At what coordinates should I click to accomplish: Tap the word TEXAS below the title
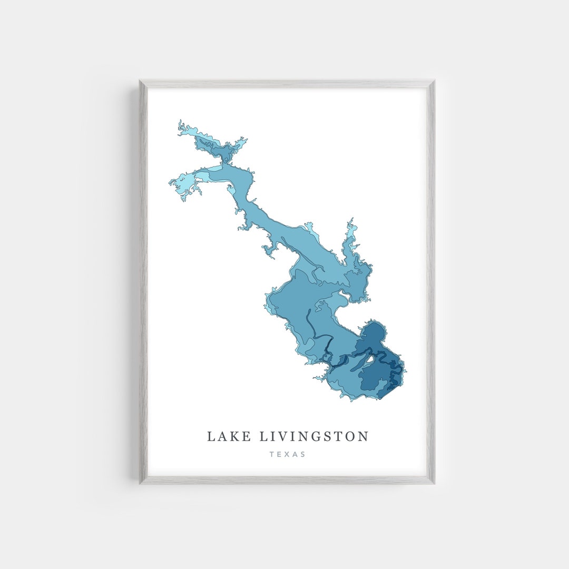point(287,454)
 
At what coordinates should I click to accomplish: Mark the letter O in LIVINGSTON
point(350,437)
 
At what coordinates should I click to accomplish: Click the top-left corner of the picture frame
point(140,81)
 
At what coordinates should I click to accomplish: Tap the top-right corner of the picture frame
point(434,81)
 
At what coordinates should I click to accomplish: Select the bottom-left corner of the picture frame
point(140,483)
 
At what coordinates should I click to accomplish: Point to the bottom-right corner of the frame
point(434,483)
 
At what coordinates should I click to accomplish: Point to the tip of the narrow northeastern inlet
point(350,220)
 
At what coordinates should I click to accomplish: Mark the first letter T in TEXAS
point(272,454)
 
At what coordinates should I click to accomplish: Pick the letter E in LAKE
point(243,437)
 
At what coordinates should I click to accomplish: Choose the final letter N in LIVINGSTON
point(364,437)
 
